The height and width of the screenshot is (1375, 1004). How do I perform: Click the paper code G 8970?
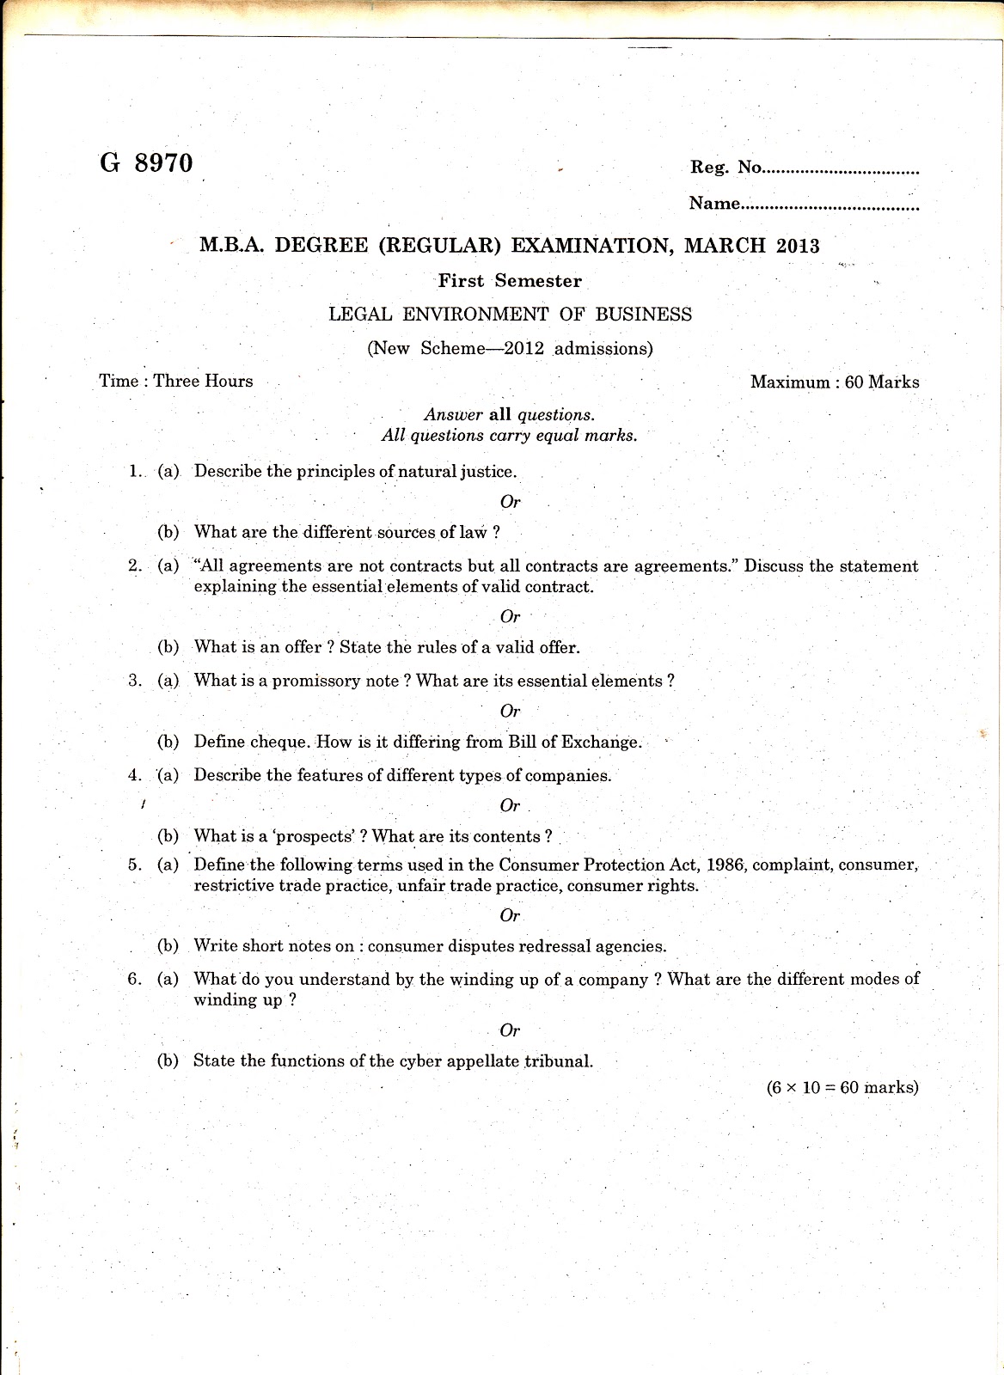tap(146, 163)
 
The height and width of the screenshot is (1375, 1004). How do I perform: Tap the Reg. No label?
tap(725, 168)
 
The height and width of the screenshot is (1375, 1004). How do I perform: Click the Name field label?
tap(714, 204)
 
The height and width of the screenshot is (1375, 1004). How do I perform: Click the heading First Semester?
tap(510, 281)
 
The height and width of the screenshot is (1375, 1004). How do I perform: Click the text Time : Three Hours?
tap(176, 382)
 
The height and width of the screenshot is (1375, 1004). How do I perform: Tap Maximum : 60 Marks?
tap(834, 382)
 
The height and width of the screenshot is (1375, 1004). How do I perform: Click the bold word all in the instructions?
tap(499, 415)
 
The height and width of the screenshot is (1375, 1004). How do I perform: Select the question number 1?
tap(134, 471)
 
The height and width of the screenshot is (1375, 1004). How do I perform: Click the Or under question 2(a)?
tap(510, 617)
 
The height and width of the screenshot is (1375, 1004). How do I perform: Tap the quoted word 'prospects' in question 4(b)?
tap(320, 836)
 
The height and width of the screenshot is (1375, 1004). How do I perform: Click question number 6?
tap(134, 979)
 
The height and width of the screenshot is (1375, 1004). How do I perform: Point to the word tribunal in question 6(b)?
tap(559, 1061)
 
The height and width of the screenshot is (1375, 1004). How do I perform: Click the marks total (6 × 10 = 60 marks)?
tap(842, 1088)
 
